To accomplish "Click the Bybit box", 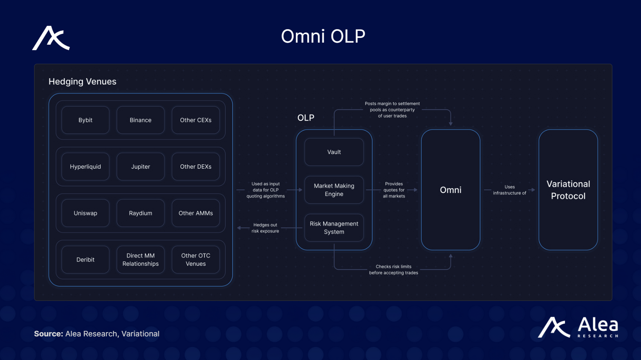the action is click(x=85, y=120).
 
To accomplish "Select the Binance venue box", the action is click(x=141, y=120).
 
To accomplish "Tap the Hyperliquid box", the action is click(x=85, y=167).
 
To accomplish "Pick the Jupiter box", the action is click(x=141, y=167).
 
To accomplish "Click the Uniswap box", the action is click(x=85, y=213).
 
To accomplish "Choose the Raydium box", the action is click(x=141, y=213).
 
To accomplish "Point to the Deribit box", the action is click(x=85, y=260).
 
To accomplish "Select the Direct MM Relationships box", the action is click(x=141, y=260).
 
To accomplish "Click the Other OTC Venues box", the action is click(x=196, y=260).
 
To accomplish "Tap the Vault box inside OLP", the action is click(x=334, y=152).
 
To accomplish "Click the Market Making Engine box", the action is click(x=334, y=190).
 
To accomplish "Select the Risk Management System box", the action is click(x=334, y=228).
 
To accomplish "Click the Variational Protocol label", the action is click(x=568, y=190).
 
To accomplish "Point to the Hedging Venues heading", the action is click(x=82, y=81).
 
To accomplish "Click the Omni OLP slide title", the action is click(x=323, y=36).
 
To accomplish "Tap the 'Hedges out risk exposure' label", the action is click(x=265, y=228).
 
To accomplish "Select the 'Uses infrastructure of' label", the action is click(x=509, y=190).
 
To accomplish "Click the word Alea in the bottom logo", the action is click(x=598, y=325).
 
